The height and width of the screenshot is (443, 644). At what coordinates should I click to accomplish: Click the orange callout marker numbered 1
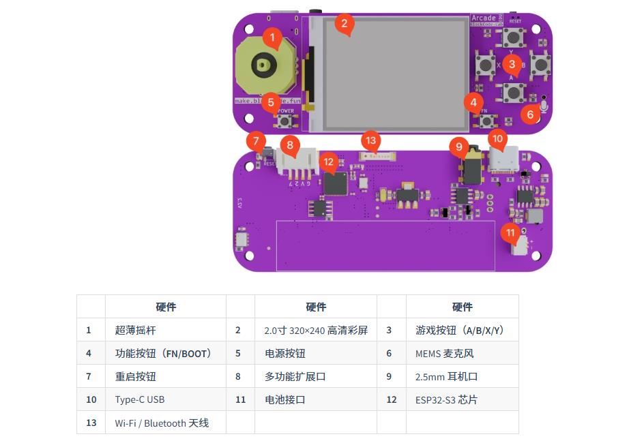pyautogui.click(x=272, y=37)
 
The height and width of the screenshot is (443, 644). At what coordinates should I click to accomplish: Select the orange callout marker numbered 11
pyautogui.click(x=511, y=232)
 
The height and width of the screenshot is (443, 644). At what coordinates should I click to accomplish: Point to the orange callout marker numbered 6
pyautogui.click(x=530, y=114)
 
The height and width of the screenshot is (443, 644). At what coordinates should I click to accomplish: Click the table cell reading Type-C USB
pyautogui.click(x=140, y=399)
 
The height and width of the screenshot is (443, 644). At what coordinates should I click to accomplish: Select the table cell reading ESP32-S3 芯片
pyautogui.click(x=446, y=399)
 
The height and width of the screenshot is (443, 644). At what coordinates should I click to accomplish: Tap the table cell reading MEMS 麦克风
pyautogui.click(x=444, y=353)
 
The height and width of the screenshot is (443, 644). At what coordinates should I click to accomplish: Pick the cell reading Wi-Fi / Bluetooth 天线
pyautogui.click(x=162, y=423)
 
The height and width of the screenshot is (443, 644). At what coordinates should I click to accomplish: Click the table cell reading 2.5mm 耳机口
pyautogui.click(x=446, y=376)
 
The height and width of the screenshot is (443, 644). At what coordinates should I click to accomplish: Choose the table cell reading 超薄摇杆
pyautogui.click(x=135, y=330)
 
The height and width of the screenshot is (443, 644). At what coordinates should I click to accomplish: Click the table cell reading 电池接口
pyautogui.click(x=284, y=399)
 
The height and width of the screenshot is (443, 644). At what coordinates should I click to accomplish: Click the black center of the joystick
pyautogui.click(x=263, y=65)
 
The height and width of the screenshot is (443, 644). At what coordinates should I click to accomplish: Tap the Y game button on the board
pyautogui.click(x=512, y=37)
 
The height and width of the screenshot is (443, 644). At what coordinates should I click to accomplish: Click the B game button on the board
pyautogui.click(x=540, y=64)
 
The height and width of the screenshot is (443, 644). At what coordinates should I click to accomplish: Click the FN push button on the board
pyautogui.click(x=486, y=121)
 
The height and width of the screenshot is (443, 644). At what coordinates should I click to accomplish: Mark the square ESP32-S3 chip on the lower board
pyautogui.click(x=335, y=183)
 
